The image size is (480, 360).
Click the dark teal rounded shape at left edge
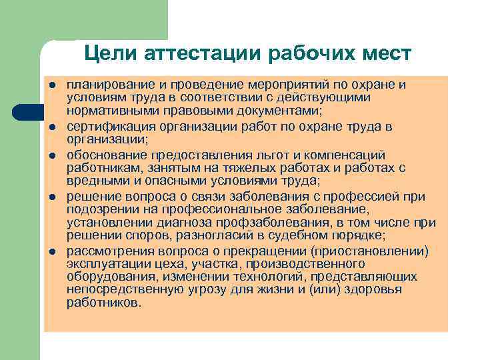point(25,112)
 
